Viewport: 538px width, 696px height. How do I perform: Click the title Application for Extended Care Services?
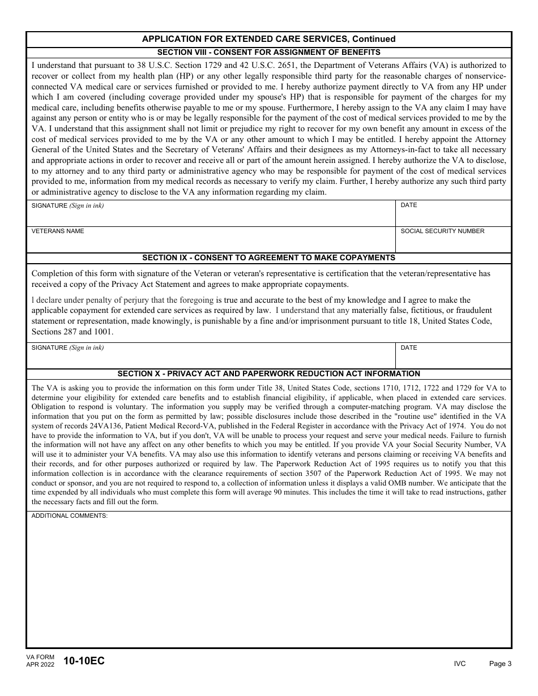click(x=268, y=39)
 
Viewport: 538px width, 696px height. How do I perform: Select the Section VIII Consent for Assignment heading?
click(x=268, y=52)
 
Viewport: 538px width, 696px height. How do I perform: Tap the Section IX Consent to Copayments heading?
click(x=268, y=257)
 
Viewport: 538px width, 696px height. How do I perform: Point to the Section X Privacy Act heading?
click(x=268, y=373)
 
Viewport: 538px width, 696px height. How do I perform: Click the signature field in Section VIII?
click(x=211, y=217)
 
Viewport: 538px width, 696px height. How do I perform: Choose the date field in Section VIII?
click(x=453, y=217)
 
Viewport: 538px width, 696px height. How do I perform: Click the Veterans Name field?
click(x=211, y=243)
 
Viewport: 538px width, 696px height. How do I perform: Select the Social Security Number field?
click(x=453, y=243)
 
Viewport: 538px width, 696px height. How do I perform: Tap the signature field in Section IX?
click(x=211, y=360)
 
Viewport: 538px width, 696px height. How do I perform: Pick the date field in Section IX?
click(x=453, y=360)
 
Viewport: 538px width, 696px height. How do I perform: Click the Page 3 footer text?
click(x=500, y=664)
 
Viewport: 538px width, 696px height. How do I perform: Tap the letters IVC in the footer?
click(x=459, y=664)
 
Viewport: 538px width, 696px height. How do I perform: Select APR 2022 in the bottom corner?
click(x=40, y=665)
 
